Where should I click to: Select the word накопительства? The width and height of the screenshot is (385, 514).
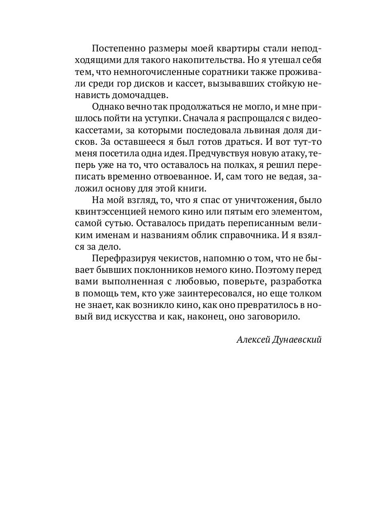point(189,60)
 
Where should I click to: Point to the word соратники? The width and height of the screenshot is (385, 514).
point(228,71)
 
